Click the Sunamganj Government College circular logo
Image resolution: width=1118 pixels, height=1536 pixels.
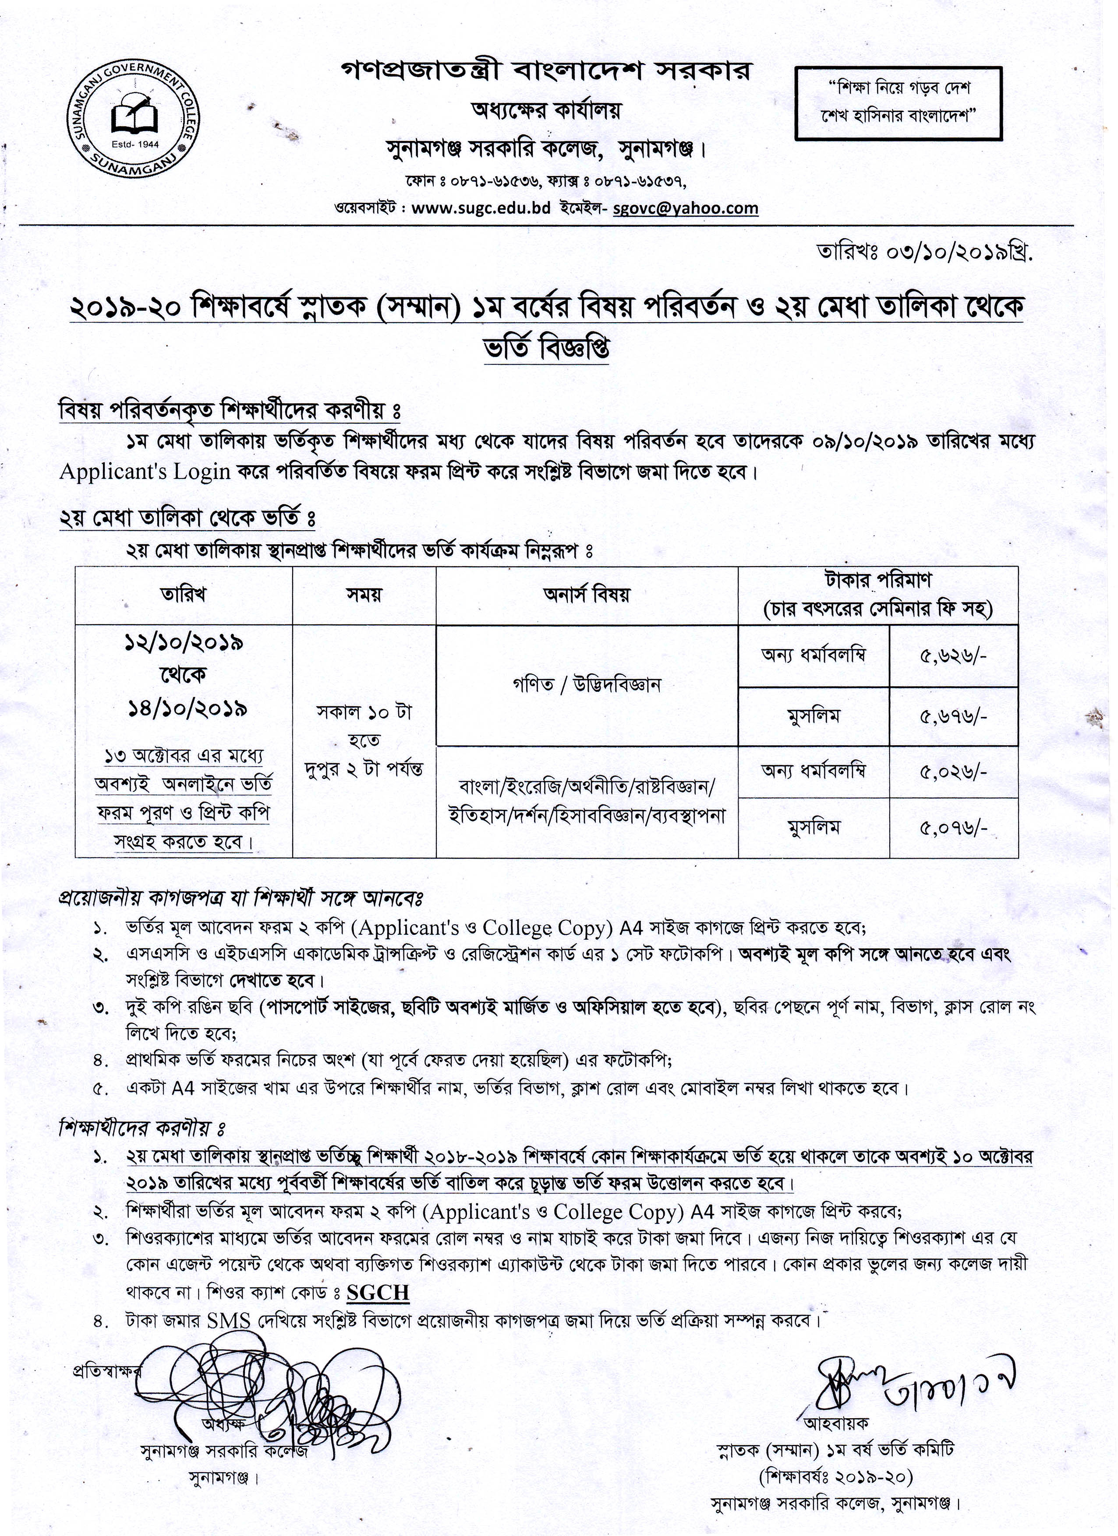[x=135, y=123]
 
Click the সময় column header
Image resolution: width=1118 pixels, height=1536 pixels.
[x=364, y=595]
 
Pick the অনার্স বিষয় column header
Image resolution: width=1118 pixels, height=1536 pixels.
[x=586, y=595]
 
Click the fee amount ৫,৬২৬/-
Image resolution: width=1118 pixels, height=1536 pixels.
[x=953, y=655]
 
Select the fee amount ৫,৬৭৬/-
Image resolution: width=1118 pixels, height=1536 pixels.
[x=953, y=716]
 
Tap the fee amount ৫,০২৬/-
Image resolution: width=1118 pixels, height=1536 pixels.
[x=953, y=772]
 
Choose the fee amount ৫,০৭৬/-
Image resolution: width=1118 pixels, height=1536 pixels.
[x=953, y=828]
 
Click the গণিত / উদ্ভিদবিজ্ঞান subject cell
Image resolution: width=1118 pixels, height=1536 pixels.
[x=586, y=685]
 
